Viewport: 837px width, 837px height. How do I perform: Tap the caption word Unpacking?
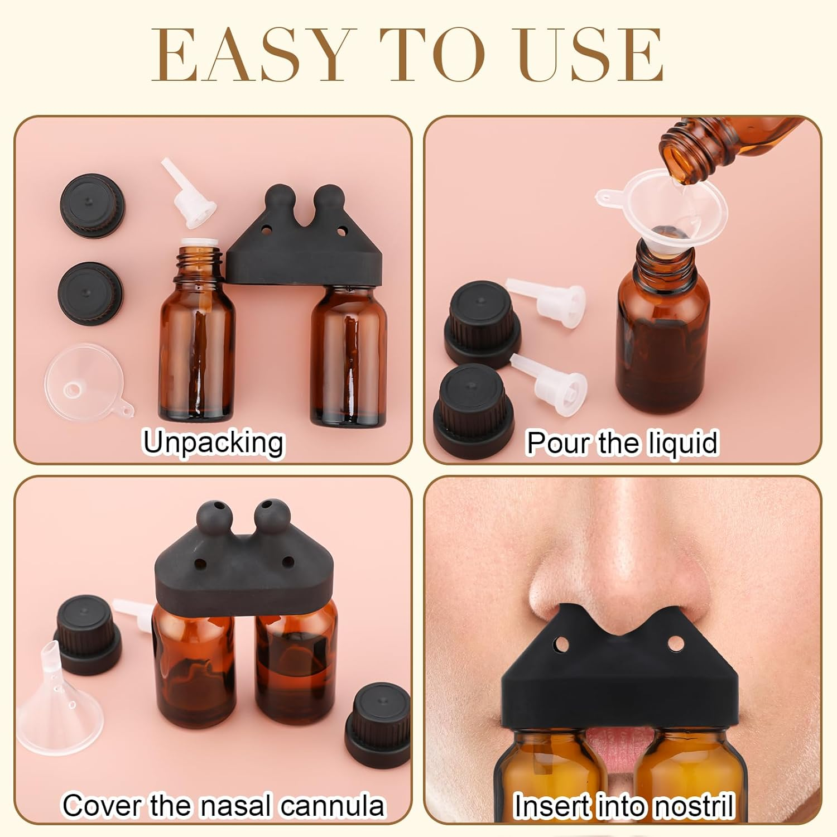[214, 442]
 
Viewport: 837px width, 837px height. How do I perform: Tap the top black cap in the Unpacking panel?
[92, 204]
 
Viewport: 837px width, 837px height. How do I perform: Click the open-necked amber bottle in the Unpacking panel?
[197, 335]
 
